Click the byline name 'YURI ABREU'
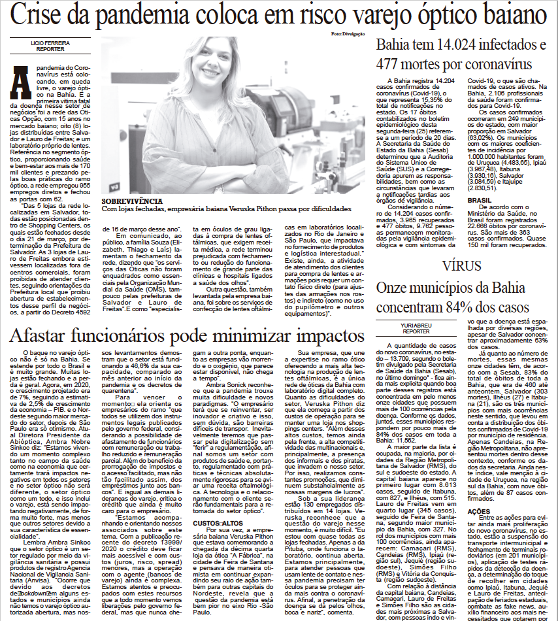click(x=416, y=326)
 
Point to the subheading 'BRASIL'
click(x=480, y=200)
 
